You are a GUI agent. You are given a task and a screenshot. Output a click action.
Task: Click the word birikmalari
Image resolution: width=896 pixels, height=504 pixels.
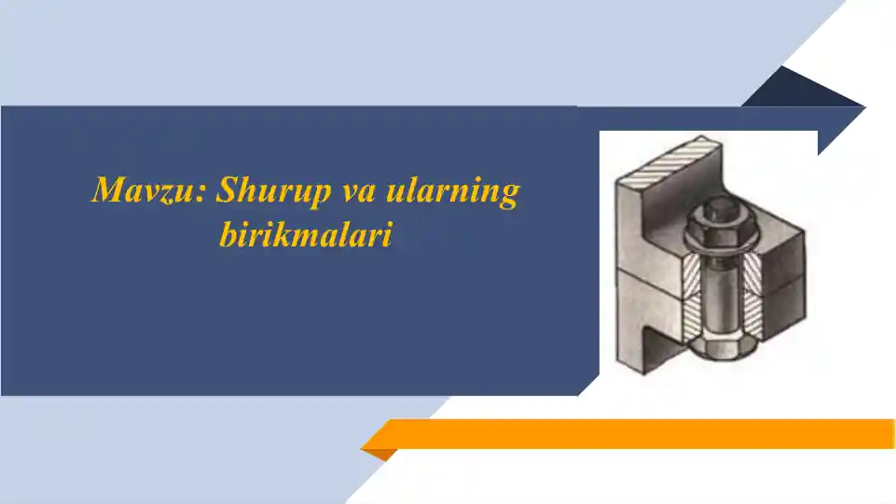click(x=305, y=234)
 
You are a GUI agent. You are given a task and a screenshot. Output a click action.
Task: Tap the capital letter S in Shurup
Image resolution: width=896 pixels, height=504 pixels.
click(x=227, y=191)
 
